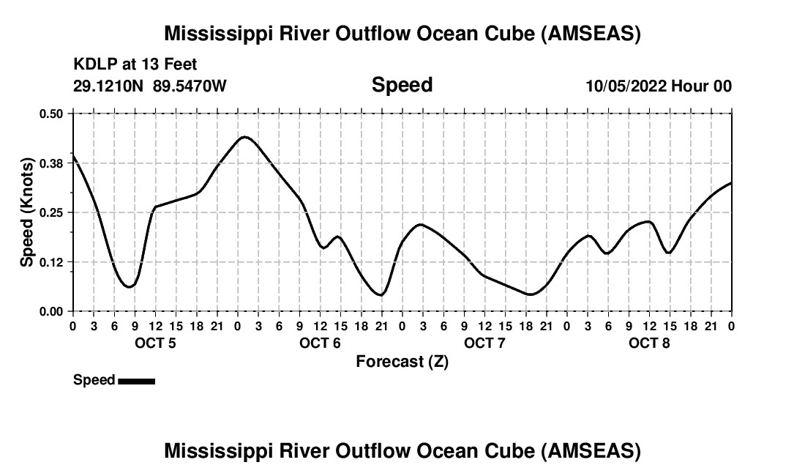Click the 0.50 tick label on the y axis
[51, 114]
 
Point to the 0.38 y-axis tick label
[51, 163]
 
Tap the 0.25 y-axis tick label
[51, 212]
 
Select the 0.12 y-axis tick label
[51, 262]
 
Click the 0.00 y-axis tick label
[51, 311]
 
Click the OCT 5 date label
[155, 343]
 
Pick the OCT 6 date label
[320, 343]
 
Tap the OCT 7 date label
[484, 343]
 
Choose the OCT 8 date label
[649, 343]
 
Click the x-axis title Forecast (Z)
[402, 362]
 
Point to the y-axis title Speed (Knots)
[27, 212]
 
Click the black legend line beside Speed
[136, 381]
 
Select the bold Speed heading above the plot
[402, 85]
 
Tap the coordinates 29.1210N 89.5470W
[150, 86]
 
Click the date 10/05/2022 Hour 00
[659, 86]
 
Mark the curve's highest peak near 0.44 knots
[244, 137]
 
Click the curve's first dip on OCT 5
[129, 286]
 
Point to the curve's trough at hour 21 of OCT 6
[381, 295]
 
